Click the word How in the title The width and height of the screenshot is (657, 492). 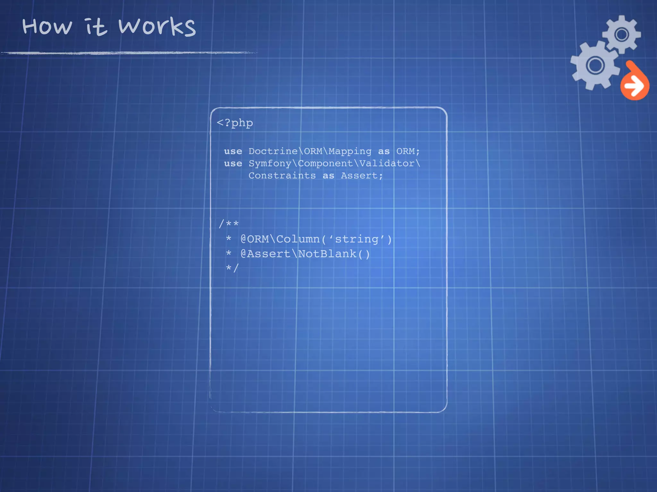tap(47, 26)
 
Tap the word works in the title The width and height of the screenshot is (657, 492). tap(157, 26)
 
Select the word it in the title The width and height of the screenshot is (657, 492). tap(95, 26)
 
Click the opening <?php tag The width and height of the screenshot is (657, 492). tap(235, 123)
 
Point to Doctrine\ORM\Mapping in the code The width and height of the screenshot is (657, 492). tap(310, 151)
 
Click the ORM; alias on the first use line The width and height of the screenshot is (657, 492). tap(408, 151)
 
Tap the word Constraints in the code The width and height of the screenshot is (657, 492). tap(282, 176)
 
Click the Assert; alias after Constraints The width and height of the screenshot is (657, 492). tap(362, 176)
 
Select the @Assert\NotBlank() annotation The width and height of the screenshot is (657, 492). tap(305, 254)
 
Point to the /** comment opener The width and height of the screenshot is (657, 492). tap(229, 224)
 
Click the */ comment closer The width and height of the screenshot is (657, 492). tap(232, 268)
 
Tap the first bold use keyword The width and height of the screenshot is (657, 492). tap(233, 151)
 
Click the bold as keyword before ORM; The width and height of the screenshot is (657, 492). tap(384, 151)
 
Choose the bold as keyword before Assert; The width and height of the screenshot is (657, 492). tap(328, 176)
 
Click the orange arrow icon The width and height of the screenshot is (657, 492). tap(634, 85)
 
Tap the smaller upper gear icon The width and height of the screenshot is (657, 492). tap(622, 34)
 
